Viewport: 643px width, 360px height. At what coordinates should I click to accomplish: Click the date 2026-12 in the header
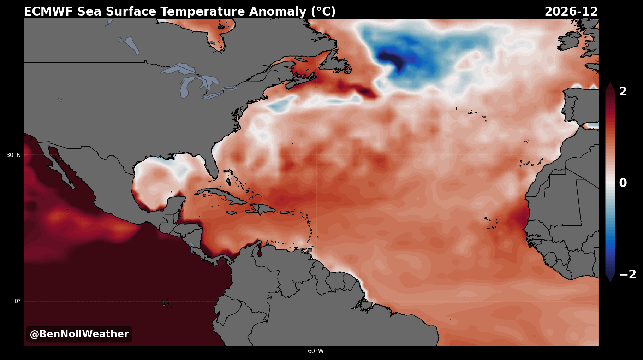(x=571, y=12)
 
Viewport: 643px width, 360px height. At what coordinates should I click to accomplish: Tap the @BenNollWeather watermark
(x=79, y=334)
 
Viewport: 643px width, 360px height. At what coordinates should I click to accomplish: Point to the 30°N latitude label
(x=13, y=155)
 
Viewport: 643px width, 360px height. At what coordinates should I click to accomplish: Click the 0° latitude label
(x=17, y=301)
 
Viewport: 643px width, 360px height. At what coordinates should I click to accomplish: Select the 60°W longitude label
(x=316, y=351)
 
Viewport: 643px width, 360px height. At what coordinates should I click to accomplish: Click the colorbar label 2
(x=623, y=92)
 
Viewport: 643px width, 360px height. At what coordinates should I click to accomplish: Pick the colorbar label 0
(x=623, y=183)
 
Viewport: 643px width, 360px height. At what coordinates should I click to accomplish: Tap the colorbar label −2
(x=628, y=274)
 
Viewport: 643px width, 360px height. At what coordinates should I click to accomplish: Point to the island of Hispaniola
(x=261, y=209)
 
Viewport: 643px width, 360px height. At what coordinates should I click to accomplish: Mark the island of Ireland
(x=569, y=40)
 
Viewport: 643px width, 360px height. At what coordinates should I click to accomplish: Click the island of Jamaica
(x=232, y=213)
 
